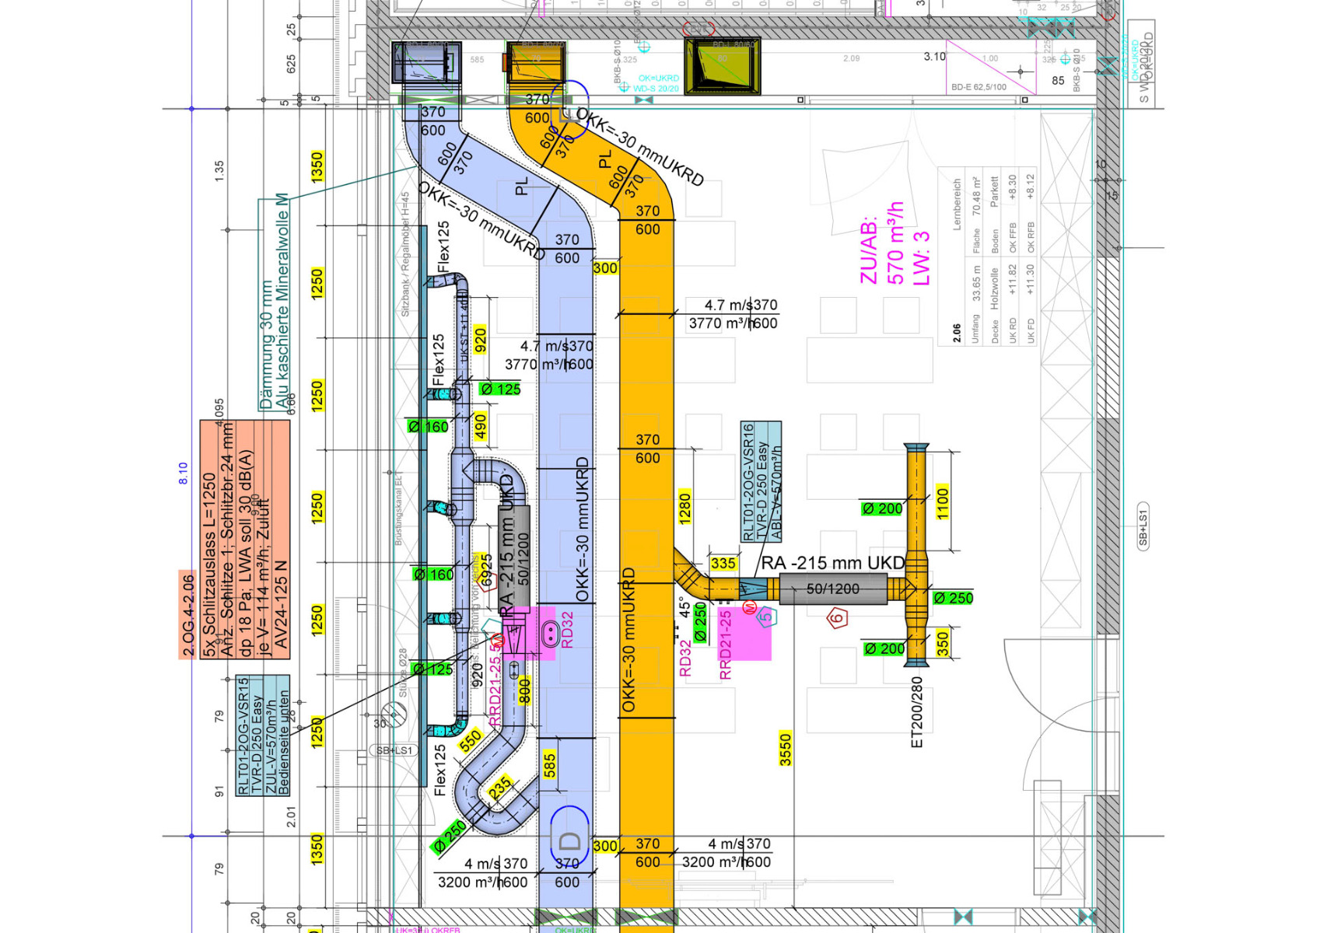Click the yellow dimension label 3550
tap(786, 749)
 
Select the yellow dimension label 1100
tap(943, 502)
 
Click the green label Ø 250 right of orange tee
tap(953, 598)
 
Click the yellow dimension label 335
tap(723, 563)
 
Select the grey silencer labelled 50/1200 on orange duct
tap(832, 589)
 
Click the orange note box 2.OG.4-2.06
tap(187, 614)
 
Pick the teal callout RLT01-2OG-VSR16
tap(761, 482)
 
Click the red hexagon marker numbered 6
tap(837, 619)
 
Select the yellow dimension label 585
tap(550, 766)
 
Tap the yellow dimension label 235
tap(500, 788)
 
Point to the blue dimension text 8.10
tap(184, 473)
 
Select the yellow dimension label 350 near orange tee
tap(943, 643)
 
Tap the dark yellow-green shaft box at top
tap(722, 65)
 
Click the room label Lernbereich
tap(958, 204)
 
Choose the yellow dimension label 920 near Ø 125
tap(480, 340)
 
